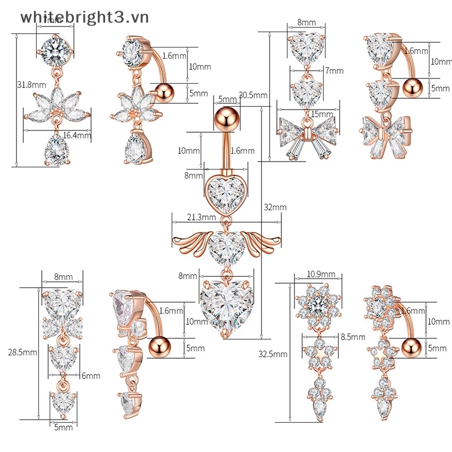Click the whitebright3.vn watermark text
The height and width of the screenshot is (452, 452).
tap(85, 17)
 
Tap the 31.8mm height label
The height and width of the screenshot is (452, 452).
tap(32, 85)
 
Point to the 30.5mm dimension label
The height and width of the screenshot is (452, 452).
tap(253, 94)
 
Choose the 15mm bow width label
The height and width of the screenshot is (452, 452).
tap(323, 114)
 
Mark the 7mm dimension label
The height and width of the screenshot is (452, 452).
tap(334, 71)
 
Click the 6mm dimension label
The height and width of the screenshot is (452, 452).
tap(90, 376)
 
